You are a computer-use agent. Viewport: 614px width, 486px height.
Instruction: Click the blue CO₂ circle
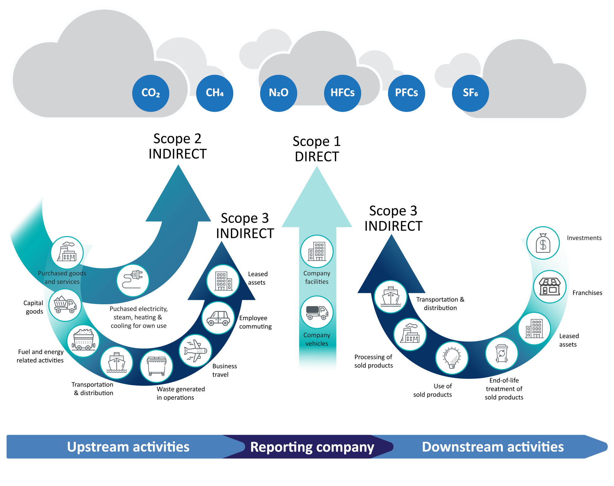(150, 93)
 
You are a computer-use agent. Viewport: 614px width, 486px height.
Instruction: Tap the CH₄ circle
(215, 93)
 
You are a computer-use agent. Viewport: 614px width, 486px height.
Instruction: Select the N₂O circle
(278, 93)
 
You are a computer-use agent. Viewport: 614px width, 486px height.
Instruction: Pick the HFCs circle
(342, 93)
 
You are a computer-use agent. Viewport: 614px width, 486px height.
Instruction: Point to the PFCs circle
(406, 93)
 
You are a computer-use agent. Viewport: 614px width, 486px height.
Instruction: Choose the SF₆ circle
(470, 93)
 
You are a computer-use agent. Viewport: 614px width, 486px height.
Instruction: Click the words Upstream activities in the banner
(128, 447)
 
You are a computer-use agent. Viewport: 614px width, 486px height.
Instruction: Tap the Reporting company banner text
(312, 447)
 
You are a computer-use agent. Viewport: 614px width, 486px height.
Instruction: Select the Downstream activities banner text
(492, 447)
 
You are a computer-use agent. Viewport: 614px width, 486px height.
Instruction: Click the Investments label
(584, 238)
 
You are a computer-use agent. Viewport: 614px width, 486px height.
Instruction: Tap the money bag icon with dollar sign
(543, 243)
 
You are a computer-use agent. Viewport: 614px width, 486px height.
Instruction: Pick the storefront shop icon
(550, 286)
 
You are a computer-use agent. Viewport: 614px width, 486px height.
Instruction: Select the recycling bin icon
(501, 353)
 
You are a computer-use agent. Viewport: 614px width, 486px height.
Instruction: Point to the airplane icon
(195, 350)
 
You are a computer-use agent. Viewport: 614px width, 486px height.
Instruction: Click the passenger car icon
(218, 318)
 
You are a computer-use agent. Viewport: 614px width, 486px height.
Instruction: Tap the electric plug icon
(133, 280)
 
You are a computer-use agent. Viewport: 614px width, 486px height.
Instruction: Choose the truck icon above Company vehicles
(317, 312)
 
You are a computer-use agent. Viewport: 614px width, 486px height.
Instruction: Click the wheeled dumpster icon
(156, 366)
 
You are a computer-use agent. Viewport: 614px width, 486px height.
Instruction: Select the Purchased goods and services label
(62, 277)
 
